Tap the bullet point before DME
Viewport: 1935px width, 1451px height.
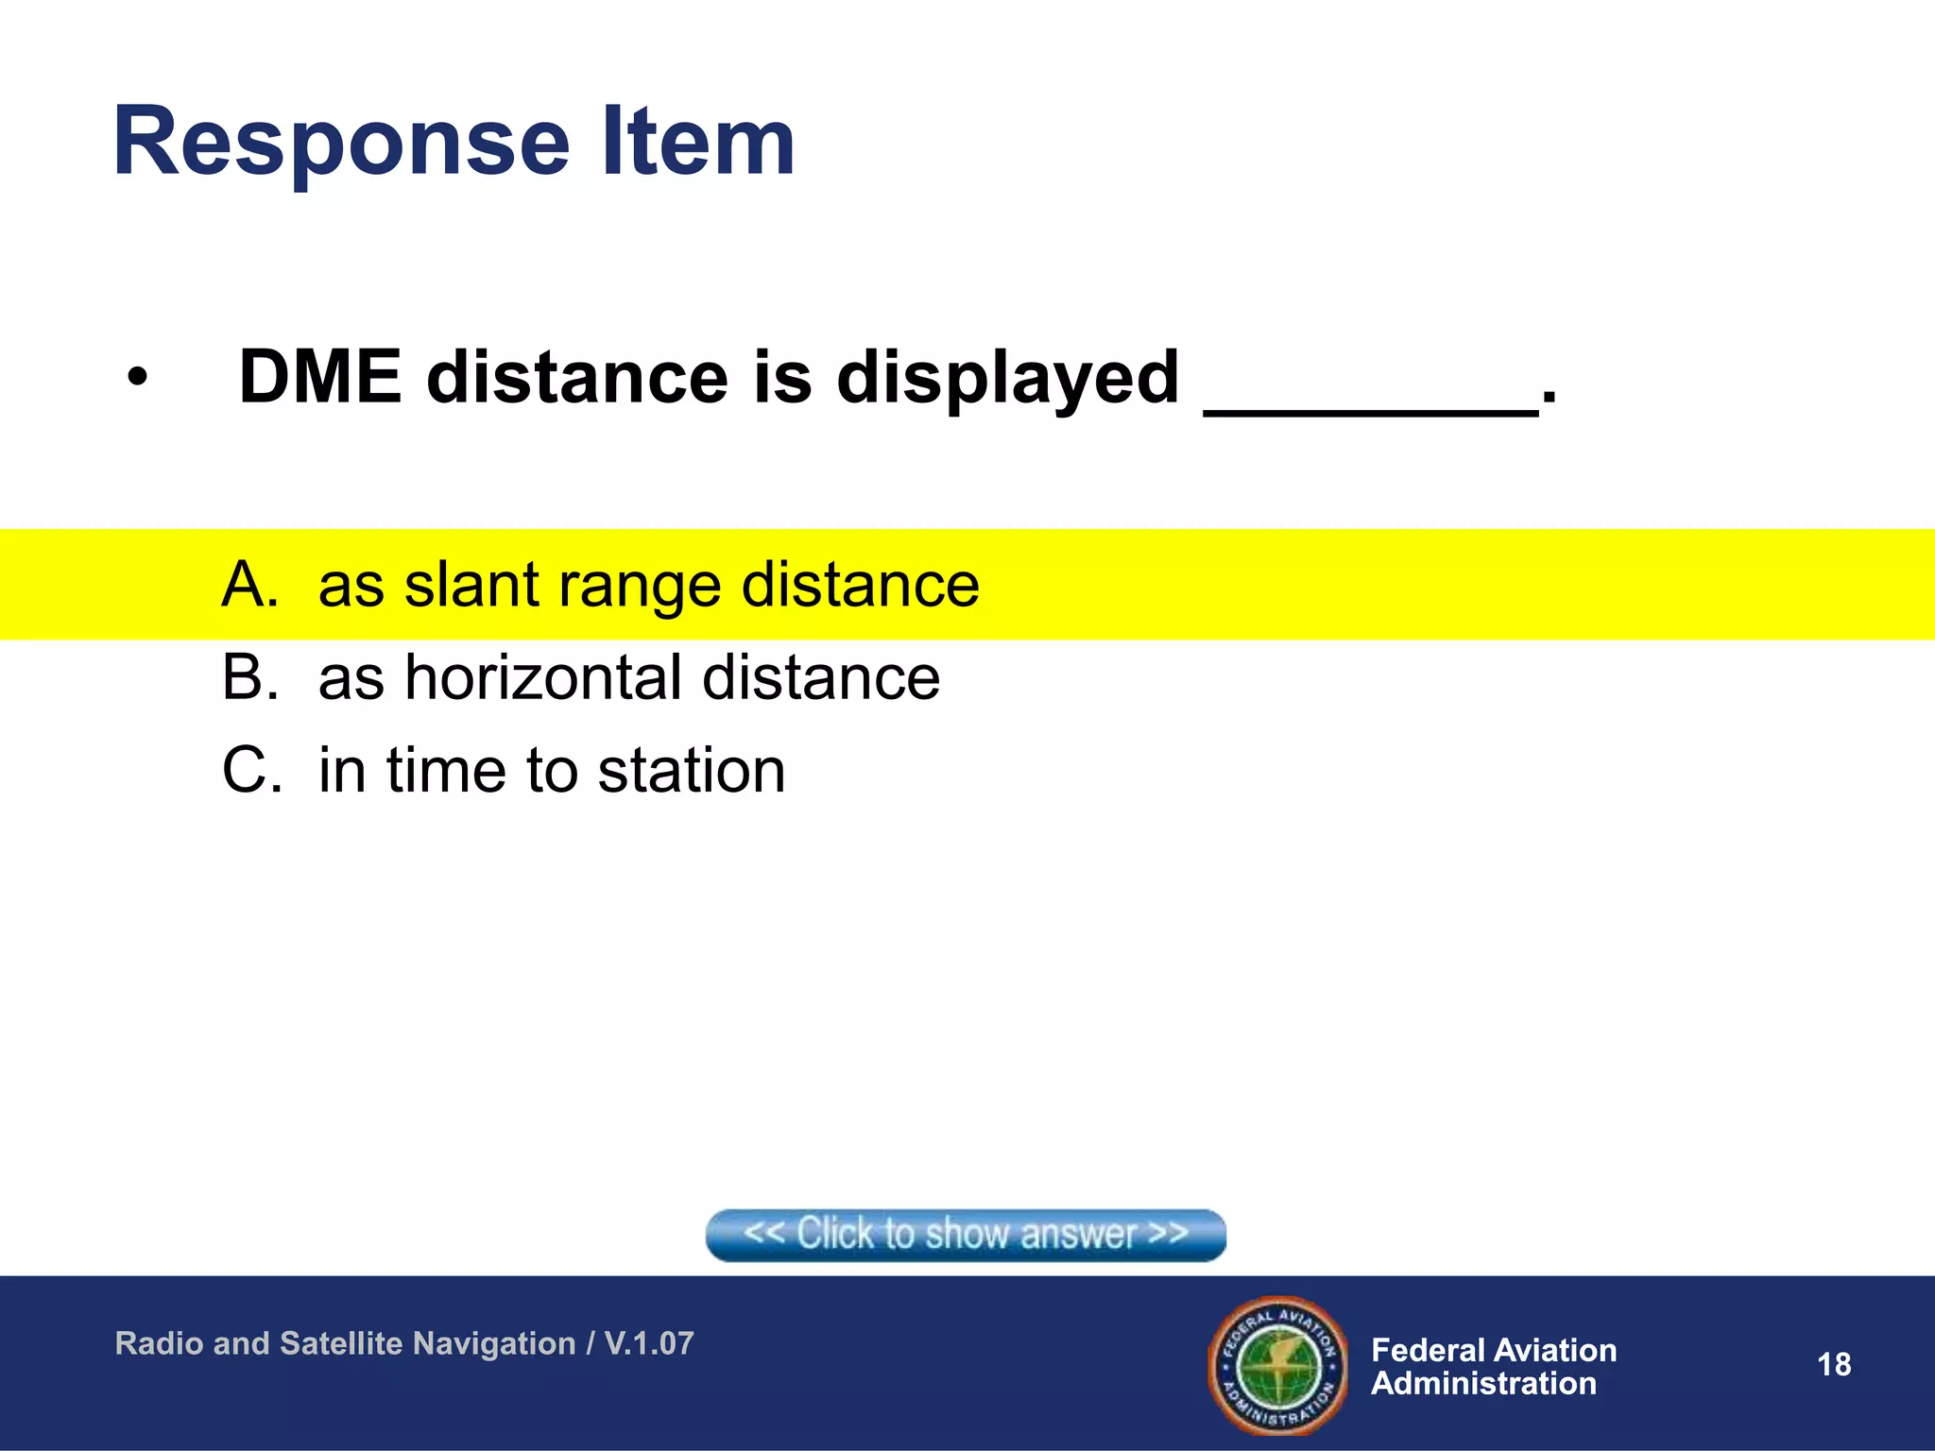138,379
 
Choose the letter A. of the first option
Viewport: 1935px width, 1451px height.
250,585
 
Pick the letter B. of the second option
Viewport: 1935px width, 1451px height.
250,677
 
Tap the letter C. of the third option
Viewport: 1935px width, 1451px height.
251,770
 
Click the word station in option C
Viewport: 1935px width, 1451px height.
691,770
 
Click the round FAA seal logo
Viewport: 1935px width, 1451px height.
1278,1364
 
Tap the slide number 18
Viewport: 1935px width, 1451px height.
1833,1364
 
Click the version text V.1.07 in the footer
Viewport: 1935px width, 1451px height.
649,1343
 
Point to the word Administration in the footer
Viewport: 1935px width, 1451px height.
1483,1384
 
